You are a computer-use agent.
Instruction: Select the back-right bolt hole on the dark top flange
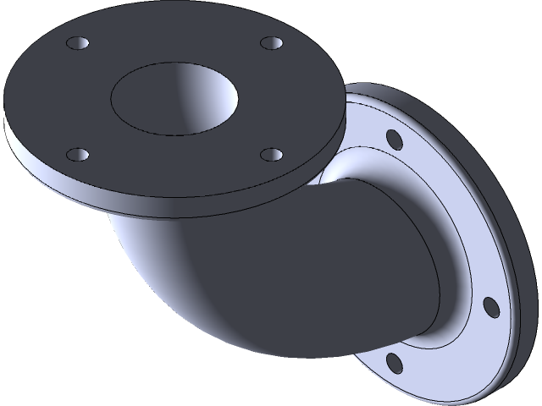271,41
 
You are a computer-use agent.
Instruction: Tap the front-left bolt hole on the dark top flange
77,154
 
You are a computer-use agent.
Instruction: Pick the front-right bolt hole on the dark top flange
270,154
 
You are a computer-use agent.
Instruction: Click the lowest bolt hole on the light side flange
394,362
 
